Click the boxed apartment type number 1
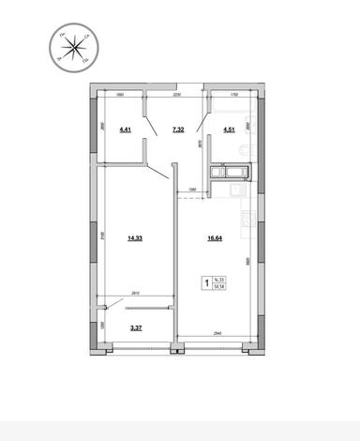(206, 280)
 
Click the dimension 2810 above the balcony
(135, 294)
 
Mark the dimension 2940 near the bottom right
(217, 333)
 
